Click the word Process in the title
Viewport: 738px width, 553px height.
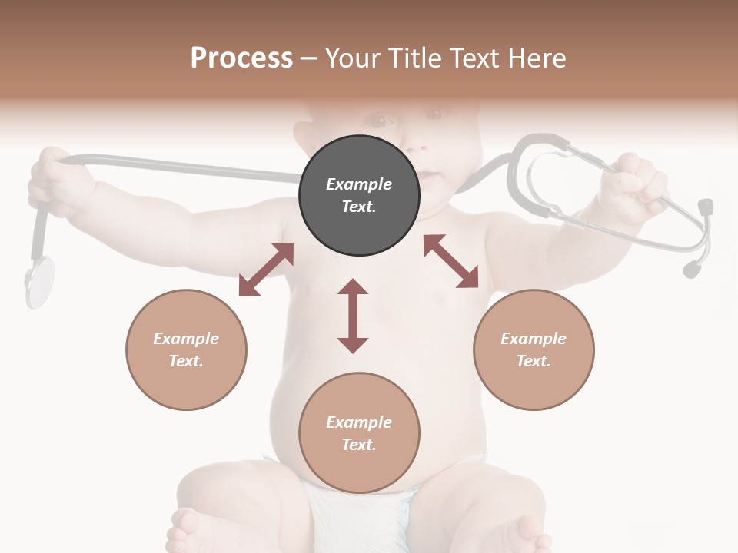(241, 58)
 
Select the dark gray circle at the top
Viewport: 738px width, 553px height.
(359, 195)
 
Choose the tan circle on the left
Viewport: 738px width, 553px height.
(186, 349)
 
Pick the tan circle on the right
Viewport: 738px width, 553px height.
(534, 349)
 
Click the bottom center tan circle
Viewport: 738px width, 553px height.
(359, 432)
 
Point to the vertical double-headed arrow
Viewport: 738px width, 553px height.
(353, 316)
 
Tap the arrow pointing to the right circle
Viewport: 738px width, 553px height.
(450, 261)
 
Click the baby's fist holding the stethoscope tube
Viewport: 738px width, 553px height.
(58, 180)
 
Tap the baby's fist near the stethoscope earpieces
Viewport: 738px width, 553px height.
(638, 184)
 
